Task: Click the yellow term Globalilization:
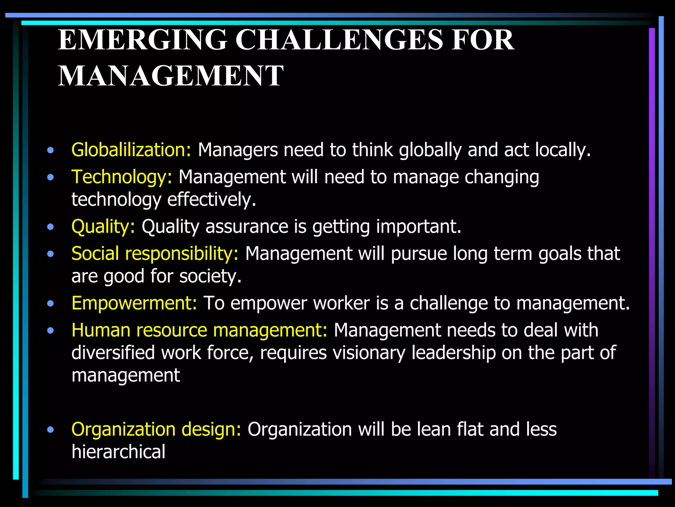click(x=131, y=150)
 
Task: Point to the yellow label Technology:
click(x=122, y=177)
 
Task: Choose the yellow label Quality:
click(x=103, y=227)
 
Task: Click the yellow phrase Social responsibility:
click(x=155, y=254)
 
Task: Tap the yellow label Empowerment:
click(x=134, y=303)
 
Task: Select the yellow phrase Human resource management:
click(x=199, y=330)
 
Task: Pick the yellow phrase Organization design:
click(x=156, y=429)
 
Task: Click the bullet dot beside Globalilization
click(x=50, y=151)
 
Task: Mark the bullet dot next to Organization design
click(x=50, y=430)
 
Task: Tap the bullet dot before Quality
click(x=50, y=227)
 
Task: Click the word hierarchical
click(x=118, y=452)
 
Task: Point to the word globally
click(x=430, y=150)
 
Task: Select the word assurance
click(x=247, y=227)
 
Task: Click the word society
click(x=210, y=276)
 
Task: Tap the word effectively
click(x=211, y=200)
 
